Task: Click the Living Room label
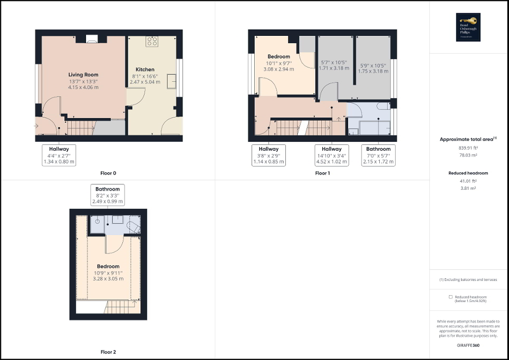(83, 75)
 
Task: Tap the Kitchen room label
(145, 70)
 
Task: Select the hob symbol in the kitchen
(153, 41)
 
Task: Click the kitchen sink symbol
(172, 81)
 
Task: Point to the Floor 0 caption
(108, 173)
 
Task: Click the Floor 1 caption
(322, 173)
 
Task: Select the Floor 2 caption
(108, 352)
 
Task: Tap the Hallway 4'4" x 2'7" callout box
(59, 155)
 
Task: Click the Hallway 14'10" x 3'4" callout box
(332, 155)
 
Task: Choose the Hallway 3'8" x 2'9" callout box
(268, 155)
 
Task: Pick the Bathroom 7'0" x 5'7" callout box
(379, 155)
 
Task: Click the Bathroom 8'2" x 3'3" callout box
(108, 195)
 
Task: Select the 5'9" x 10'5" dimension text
(372, 65)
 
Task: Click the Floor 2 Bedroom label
(108, 266)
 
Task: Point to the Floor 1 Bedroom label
(278, 56)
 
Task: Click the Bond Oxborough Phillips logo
(469, 27)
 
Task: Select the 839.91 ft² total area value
(468, 148)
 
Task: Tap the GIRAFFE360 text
(468, 345)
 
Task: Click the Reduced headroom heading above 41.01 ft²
(468, 173)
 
